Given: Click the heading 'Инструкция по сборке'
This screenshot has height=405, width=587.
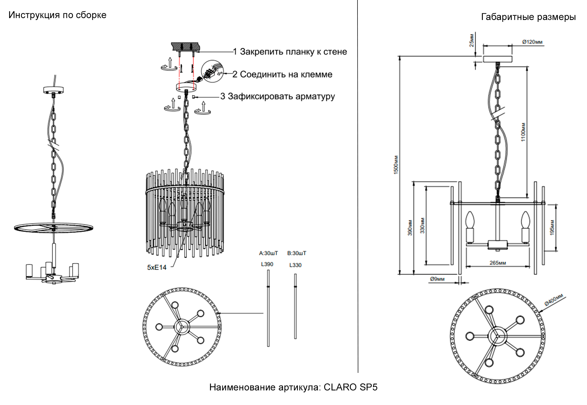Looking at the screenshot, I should click(x=57, y=15).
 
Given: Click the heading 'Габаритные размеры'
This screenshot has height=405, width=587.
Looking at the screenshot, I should click(x=528, y=17).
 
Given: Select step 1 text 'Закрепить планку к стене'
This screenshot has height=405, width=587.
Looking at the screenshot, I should click(x=293, y=52).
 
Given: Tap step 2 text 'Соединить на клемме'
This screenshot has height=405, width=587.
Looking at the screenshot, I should click(x=286, y=74).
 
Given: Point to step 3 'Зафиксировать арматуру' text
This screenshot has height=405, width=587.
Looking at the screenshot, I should click(x=281, y=96).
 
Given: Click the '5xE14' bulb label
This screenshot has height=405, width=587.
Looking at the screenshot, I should click(x=157, y=267).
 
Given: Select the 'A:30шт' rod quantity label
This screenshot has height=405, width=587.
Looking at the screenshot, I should click(x=268, y=253).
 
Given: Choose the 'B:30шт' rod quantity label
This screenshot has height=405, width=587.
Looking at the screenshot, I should click(x=296, y=253).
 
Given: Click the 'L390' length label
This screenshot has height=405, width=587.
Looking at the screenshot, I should click(x=267, y=264).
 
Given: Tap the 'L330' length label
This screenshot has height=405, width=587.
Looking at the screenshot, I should click(x=295, y=265).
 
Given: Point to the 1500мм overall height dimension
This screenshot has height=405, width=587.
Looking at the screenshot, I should click(x=396, y=165).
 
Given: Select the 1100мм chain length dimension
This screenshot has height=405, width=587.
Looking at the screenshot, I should click(x=523, y=132).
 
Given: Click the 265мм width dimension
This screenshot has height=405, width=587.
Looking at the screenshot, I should click(x=498, y=263).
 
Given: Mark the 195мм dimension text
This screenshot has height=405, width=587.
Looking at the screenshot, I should click(x=552, y=227).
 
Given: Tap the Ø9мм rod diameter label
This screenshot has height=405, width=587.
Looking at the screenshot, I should click(x=437, y=279).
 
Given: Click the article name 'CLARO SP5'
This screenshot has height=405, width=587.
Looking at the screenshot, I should click(x=350, y=387).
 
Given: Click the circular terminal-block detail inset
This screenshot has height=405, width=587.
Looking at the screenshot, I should click(x=212, y=71).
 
